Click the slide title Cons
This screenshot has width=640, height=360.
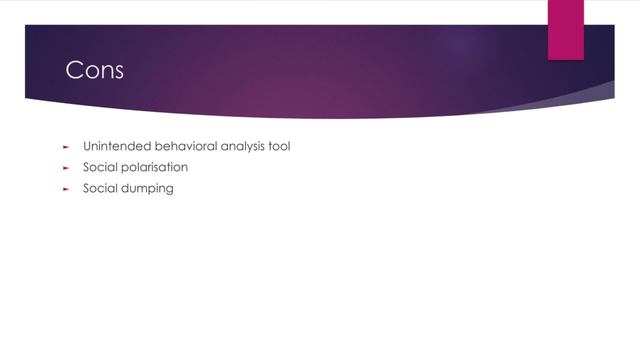point(94,69)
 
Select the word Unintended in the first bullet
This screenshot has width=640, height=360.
point(117,146)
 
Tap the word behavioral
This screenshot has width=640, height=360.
point(186,146)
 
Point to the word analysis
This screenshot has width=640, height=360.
point(242,146)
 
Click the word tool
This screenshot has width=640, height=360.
point(279,146)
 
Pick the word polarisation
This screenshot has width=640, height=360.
point(154,167)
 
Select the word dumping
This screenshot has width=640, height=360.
point(147,189)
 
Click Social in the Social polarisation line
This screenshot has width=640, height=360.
point(100,167)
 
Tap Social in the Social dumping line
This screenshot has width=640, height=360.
point(100,188)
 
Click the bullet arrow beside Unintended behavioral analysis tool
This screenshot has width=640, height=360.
point(66,147)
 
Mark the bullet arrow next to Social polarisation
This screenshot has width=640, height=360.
point(66,168)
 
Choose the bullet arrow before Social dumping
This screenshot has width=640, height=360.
point(66,189)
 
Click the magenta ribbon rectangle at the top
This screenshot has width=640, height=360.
point(565,30)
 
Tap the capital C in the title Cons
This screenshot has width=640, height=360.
point(74,69)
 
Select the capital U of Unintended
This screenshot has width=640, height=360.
point(87,146)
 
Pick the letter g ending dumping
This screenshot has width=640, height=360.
point(169,190)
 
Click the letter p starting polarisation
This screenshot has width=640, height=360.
point(125,169)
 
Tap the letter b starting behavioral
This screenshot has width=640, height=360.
point(158,146)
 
